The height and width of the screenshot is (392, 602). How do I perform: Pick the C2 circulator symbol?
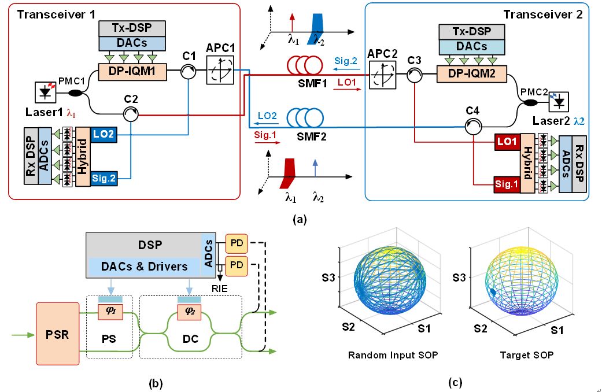pyautogui.click(x=132, y=115)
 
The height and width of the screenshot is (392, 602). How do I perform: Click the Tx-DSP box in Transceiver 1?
pyautogui.click(x=132, y=28)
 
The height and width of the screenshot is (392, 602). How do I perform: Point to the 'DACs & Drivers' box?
pyautogui.click(x=145, y=267)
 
